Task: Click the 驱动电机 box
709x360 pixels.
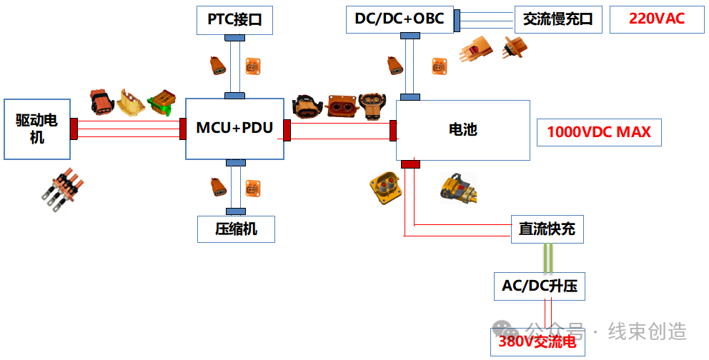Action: coord(36,129)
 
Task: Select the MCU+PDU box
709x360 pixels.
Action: coord(234,129)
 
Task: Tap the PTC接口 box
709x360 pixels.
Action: coord(234,20)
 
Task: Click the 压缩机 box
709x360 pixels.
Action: coord(236,229)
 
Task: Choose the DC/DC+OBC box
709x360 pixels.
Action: coord(399,19)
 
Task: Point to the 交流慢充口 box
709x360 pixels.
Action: coord(558,19)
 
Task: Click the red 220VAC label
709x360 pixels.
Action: coord(656,19)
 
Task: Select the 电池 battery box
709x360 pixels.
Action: coord(462,130)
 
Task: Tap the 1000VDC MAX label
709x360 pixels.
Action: coord(598,132)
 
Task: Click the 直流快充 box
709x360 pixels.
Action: coord(547,229)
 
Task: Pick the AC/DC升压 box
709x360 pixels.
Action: coord(539,286)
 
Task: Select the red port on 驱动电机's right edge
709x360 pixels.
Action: coord(74,129)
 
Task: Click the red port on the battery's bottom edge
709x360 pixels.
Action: coord(410,165)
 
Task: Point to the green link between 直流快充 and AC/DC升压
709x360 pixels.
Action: coord(547,258)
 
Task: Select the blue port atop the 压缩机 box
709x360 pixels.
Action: coord(235,211)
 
